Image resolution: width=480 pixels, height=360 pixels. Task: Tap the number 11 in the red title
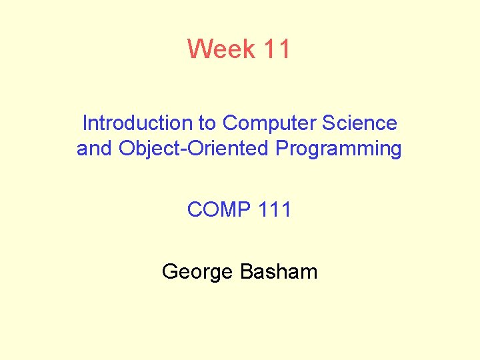tap(277, 49)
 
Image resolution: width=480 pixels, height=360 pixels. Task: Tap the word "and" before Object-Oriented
tap(95, 148)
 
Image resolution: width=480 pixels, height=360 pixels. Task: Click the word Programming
tap(339, 149)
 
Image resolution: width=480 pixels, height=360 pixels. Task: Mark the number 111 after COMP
tap(277, 210)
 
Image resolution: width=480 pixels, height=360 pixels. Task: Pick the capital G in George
tap(169, 271)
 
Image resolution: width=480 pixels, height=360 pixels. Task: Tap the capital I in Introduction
tap(85, 123)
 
